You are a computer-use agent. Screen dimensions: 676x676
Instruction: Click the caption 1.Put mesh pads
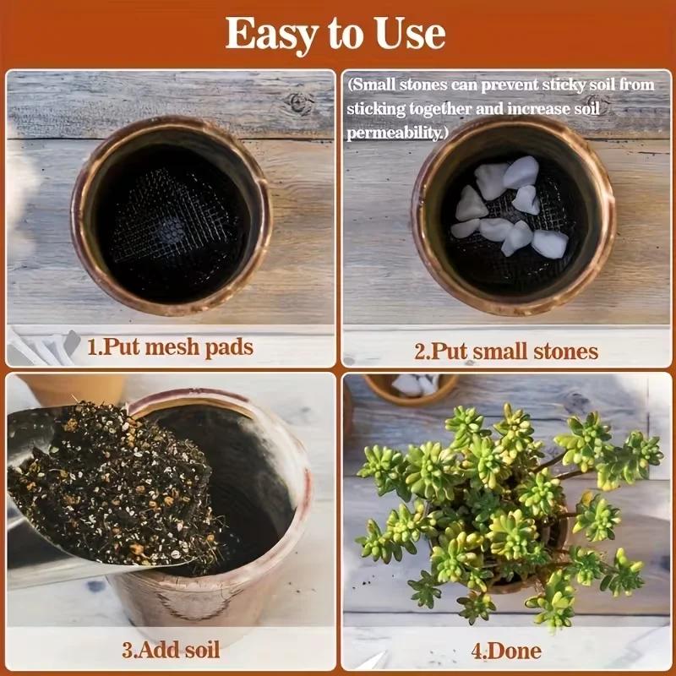[170, 347]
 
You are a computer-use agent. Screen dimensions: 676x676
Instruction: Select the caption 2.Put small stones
[506, 351]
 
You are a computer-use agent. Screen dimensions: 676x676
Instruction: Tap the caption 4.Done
[506, 651]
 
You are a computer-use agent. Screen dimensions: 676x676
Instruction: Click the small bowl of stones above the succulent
[414, 387]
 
